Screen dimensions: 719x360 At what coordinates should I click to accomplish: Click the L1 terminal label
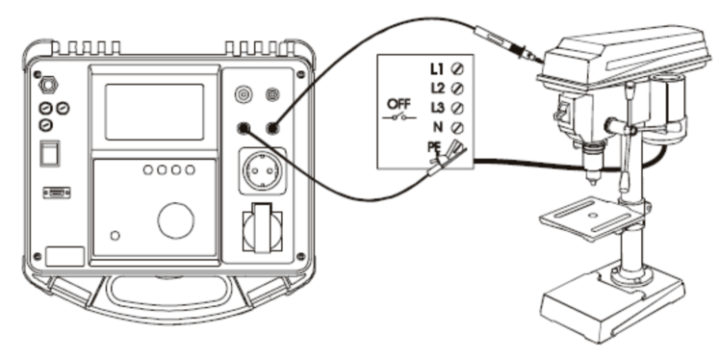click(437, 68)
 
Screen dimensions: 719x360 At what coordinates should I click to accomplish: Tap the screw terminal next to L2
click(457, 88)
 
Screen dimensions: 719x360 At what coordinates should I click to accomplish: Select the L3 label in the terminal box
click(437, 108)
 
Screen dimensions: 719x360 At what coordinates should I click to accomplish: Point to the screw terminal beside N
click(457, 127)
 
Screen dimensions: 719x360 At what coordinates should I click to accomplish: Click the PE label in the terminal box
click(434, 147)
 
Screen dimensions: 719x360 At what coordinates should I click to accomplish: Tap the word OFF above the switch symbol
click(398, 104)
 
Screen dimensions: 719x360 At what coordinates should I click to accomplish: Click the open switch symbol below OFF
click(399, 117)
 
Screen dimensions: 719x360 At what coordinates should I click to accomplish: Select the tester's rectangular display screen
click(155, 112)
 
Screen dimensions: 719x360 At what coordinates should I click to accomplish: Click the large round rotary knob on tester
click(175, 220)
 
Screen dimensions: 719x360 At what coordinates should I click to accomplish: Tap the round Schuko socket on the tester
click(263, 170)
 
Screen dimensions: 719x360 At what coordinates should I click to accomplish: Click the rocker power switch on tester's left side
click(49, 154)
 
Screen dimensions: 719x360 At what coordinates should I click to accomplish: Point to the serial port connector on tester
click(57, 193)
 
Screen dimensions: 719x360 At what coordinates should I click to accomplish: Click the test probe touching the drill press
click(507, 42)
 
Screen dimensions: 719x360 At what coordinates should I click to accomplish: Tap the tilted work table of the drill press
click(591, 219)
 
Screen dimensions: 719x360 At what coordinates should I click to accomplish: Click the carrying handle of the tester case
click(168, 293)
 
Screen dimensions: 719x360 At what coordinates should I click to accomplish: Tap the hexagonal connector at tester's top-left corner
click(47, 85)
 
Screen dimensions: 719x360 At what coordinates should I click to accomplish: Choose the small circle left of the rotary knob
click(116, 236)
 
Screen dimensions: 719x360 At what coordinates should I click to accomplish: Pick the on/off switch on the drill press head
click(563, 113)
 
